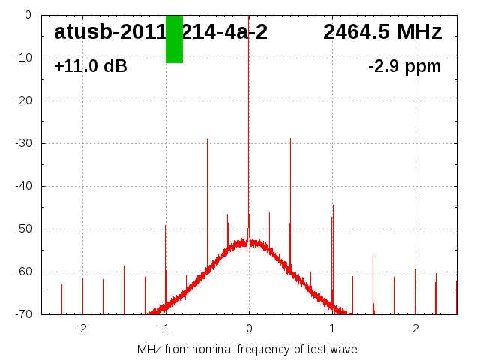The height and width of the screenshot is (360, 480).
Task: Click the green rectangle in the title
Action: tap(174, 39)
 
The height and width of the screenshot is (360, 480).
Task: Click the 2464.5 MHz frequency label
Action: tap(382, 32)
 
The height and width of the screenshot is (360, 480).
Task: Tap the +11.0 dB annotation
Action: tap(91, 66)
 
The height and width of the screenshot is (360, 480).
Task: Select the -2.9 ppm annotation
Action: tap(404, 66)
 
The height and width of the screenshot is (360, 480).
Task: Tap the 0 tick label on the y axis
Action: tap(27, 15)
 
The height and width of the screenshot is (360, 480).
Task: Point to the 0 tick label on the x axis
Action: tap(249, 328)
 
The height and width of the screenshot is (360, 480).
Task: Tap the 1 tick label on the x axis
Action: tap(332, 328)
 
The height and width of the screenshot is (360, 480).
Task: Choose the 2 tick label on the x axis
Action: tap(415, 328)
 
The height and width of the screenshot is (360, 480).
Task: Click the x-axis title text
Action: tap(247, 349)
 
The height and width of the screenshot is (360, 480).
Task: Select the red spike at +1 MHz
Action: tap(333, 247)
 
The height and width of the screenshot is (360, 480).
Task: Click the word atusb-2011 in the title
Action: tap(109, 32)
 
